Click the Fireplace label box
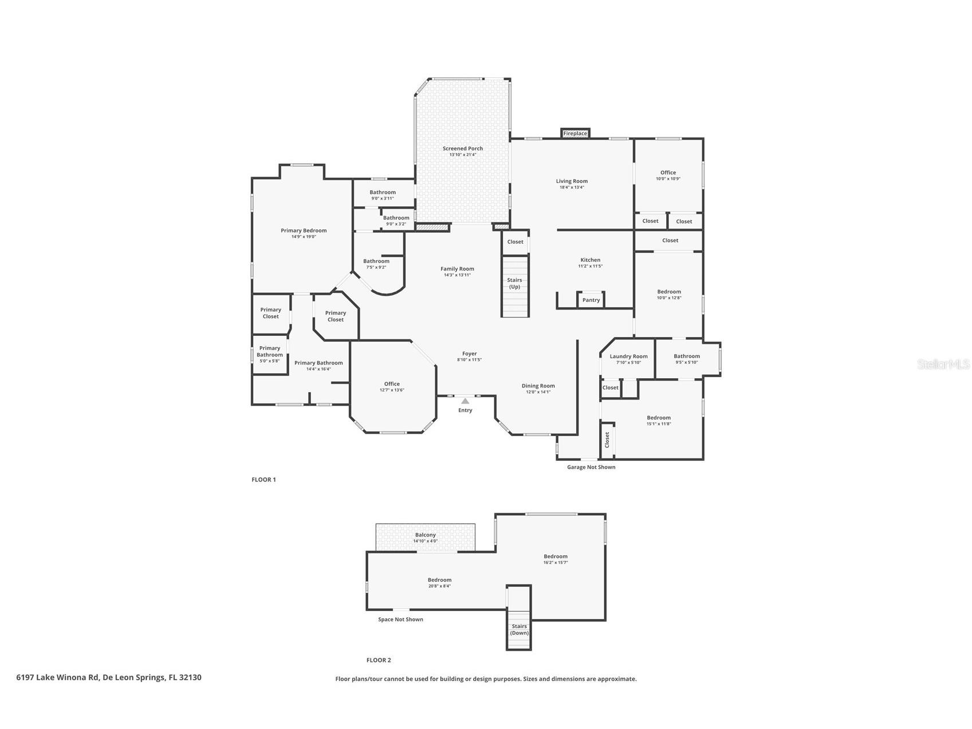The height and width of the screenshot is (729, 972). (x=575, y=134)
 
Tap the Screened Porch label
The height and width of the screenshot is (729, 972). (x=462, y=148)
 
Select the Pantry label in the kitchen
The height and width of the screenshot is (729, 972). (x=591, y=300)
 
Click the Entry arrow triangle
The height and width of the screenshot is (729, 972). (x=465, y=401)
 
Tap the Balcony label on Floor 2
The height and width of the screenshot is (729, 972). (x=426, y=535)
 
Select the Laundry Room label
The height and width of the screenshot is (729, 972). (x=628, y=356)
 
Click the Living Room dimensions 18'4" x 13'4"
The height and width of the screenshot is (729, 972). (x=572, y=187)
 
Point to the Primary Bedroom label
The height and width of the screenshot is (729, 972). (x=304, y=230)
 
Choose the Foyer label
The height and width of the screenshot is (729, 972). (x=469, y=354)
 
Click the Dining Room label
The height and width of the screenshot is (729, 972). (x=538, y=386)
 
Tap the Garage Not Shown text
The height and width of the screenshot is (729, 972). (x=591, y=467)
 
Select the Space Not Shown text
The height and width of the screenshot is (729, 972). (x=400, y=620)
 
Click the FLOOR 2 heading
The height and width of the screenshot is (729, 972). (x=379, y=660)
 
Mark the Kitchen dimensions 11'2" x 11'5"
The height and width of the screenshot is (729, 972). (x=591, y=266)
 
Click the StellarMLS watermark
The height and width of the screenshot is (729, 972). (x=943, y=364)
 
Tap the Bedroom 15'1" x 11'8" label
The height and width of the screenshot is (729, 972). (x=659, y=420)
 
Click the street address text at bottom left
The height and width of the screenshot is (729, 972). (x=109, y=677)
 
